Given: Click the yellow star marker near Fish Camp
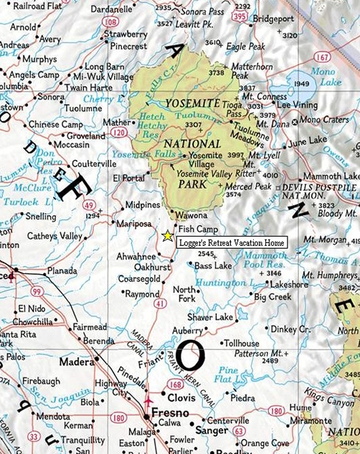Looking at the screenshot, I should [167, 235].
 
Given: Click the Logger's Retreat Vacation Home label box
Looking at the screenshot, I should [231, 243].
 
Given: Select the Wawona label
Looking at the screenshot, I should [192, 215].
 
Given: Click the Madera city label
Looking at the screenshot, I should [77, 362].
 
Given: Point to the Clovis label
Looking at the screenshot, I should [183, 397].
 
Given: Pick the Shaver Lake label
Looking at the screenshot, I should [210, 316].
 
